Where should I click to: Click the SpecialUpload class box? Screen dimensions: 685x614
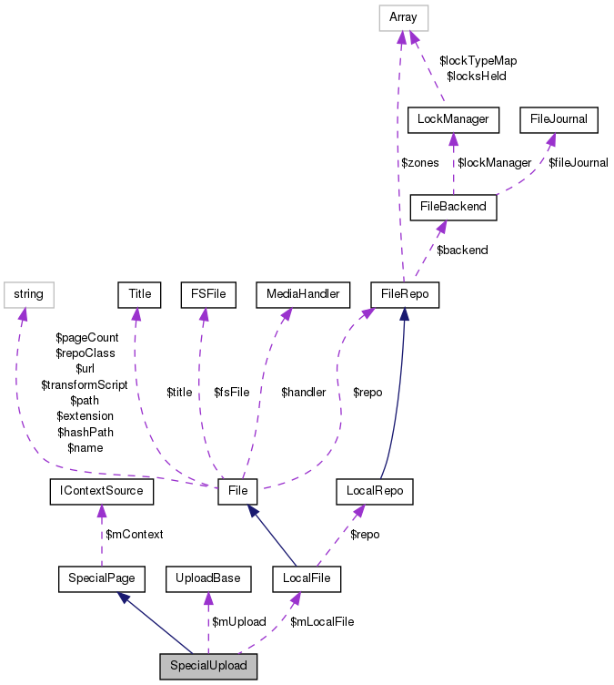pos(208,666)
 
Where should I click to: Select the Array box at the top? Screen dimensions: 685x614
pos(404,17)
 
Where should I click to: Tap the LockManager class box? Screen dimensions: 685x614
pos(454,118)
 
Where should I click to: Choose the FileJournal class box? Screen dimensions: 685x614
pos(559,118)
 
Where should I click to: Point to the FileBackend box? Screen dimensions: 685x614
pos(454,206)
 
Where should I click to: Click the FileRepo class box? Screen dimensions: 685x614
pos(405,294)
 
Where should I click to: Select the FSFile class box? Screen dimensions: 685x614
pos(208,294)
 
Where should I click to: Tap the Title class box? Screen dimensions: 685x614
pos(139,294)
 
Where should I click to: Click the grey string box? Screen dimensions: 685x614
pos(29,294)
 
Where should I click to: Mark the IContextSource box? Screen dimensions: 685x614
pos(101,492)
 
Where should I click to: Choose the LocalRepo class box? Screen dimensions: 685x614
pos(374,492)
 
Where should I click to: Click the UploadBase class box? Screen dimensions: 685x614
pos(208,578)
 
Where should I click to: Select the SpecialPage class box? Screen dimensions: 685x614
pos(101,578)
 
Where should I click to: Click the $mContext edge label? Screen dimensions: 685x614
pos(135,535)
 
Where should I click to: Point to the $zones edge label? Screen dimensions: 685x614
pos(420,162)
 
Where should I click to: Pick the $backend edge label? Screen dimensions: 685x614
pos(462,250)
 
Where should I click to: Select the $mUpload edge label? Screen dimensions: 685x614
pos(238,621)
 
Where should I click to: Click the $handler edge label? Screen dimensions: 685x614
pos(303,392)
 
